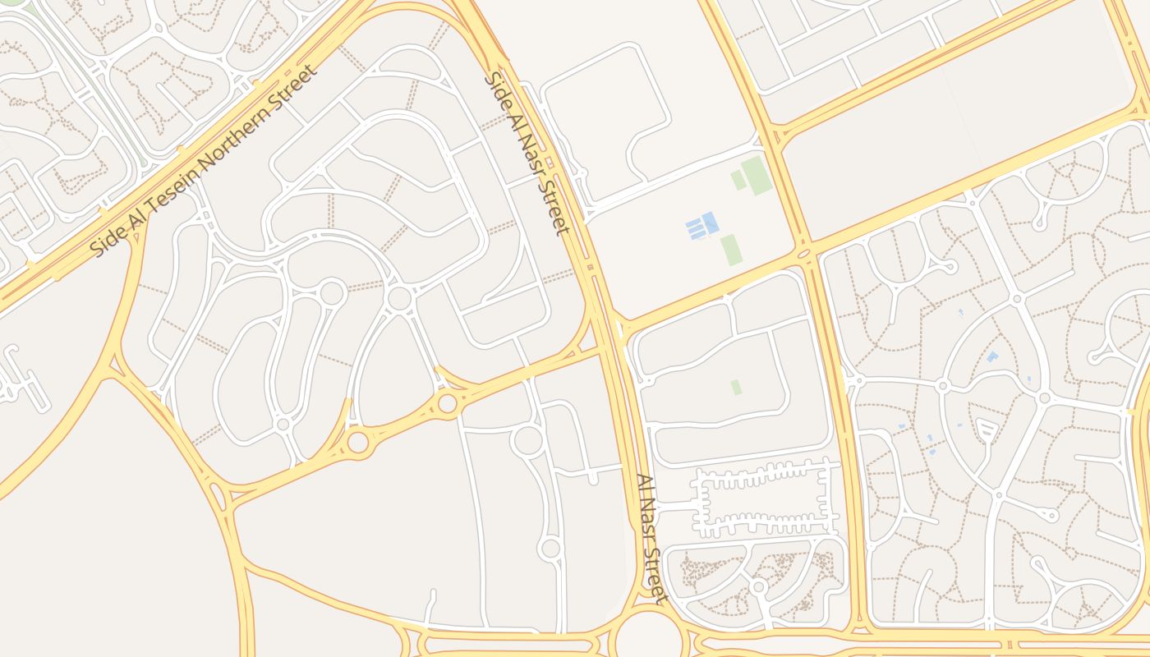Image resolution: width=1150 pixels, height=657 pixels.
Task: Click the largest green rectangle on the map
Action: tap(757, 176)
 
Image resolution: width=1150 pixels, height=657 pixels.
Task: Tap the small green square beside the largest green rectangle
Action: tap(738, 181)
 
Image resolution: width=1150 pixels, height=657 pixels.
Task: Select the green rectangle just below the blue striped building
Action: tap(731, 249)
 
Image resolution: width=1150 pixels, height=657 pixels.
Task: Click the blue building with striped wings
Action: tap(702, 226)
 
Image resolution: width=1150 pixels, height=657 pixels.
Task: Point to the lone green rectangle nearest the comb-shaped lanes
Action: tap(736, 386)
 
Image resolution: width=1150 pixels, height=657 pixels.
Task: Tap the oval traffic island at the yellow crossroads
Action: tap(803, 254)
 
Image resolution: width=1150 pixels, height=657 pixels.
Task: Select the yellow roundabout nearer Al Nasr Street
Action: tap(447, 403)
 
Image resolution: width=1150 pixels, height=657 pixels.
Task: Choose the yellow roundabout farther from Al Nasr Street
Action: tap(358, 442)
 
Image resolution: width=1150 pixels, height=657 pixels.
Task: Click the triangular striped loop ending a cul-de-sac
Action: tap(987, 429)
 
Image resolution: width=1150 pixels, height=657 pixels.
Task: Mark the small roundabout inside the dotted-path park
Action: tap(759, 587)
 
